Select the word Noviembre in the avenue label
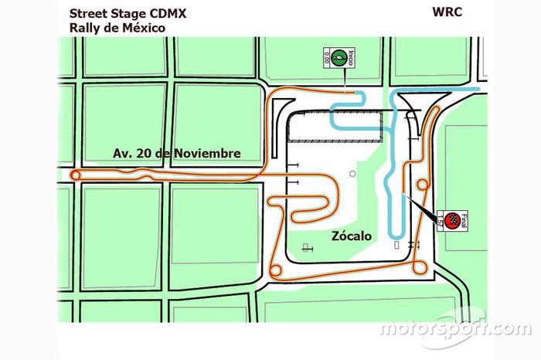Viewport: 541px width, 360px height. coord(206,153)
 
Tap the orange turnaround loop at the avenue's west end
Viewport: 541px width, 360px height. coord(75,176)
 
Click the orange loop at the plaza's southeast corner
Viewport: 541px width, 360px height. coord(419,267)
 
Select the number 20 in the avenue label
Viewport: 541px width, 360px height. coord(141,153)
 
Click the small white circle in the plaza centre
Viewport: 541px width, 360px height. coord(352,175)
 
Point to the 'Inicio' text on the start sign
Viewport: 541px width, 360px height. coord(351,56)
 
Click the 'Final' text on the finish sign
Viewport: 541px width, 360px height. coord(464,216)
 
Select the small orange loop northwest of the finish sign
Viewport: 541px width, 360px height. coord(423,185)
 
